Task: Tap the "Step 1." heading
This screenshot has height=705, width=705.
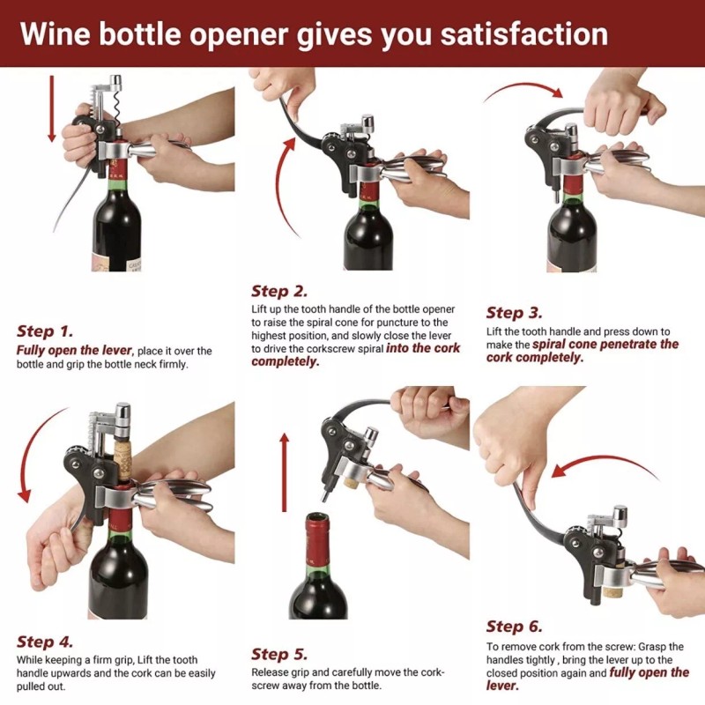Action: (x=46, y=331)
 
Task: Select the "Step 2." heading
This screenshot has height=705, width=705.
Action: (x=279, y=291)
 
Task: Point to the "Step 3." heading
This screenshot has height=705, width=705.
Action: (x=516, y=312)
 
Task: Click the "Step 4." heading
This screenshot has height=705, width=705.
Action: (x=46, y=642)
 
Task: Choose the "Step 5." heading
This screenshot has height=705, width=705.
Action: (x=279, y=654)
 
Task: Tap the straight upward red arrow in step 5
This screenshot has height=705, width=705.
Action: (x=283, y=471)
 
